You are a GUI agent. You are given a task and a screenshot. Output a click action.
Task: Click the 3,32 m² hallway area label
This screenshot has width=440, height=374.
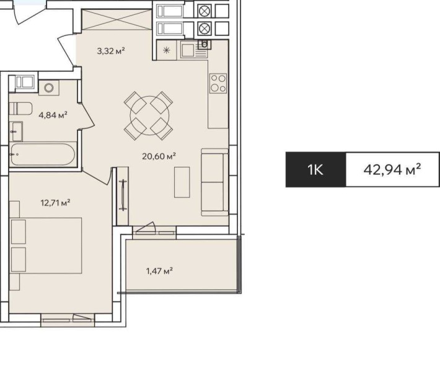pos(111,51)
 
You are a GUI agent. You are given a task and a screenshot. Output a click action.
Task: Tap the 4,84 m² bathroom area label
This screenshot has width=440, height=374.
pos(53,114)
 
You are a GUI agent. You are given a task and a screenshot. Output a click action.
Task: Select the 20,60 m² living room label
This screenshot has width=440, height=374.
pos(159,156)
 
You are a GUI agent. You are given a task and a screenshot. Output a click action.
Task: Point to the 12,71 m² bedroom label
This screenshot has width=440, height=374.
pos(55,202)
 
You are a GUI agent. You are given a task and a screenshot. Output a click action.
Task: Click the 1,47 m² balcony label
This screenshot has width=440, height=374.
pos(159,270)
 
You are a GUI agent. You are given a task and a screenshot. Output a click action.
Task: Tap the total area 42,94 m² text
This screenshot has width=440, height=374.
pos(392,169)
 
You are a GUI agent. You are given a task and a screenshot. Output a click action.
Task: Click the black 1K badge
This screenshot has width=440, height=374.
pos(315,169)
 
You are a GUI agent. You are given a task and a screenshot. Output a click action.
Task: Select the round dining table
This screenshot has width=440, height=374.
pos(147,114)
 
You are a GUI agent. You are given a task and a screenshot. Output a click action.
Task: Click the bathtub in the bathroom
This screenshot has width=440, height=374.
pos(43,154)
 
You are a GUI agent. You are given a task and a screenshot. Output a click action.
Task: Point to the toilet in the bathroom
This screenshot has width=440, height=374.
pos(22,109)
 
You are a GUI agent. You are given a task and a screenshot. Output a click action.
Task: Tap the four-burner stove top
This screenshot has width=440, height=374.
pos(218,82)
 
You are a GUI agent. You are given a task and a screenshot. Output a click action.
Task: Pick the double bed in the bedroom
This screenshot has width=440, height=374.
pos(47,245)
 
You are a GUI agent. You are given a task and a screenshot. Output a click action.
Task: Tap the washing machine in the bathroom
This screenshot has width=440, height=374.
pos(48,88)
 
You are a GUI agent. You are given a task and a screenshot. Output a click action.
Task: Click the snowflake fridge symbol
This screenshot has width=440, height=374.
pos(167,51)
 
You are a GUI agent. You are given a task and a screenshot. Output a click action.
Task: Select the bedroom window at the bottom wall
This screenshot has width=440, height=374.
pos(67,321)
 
